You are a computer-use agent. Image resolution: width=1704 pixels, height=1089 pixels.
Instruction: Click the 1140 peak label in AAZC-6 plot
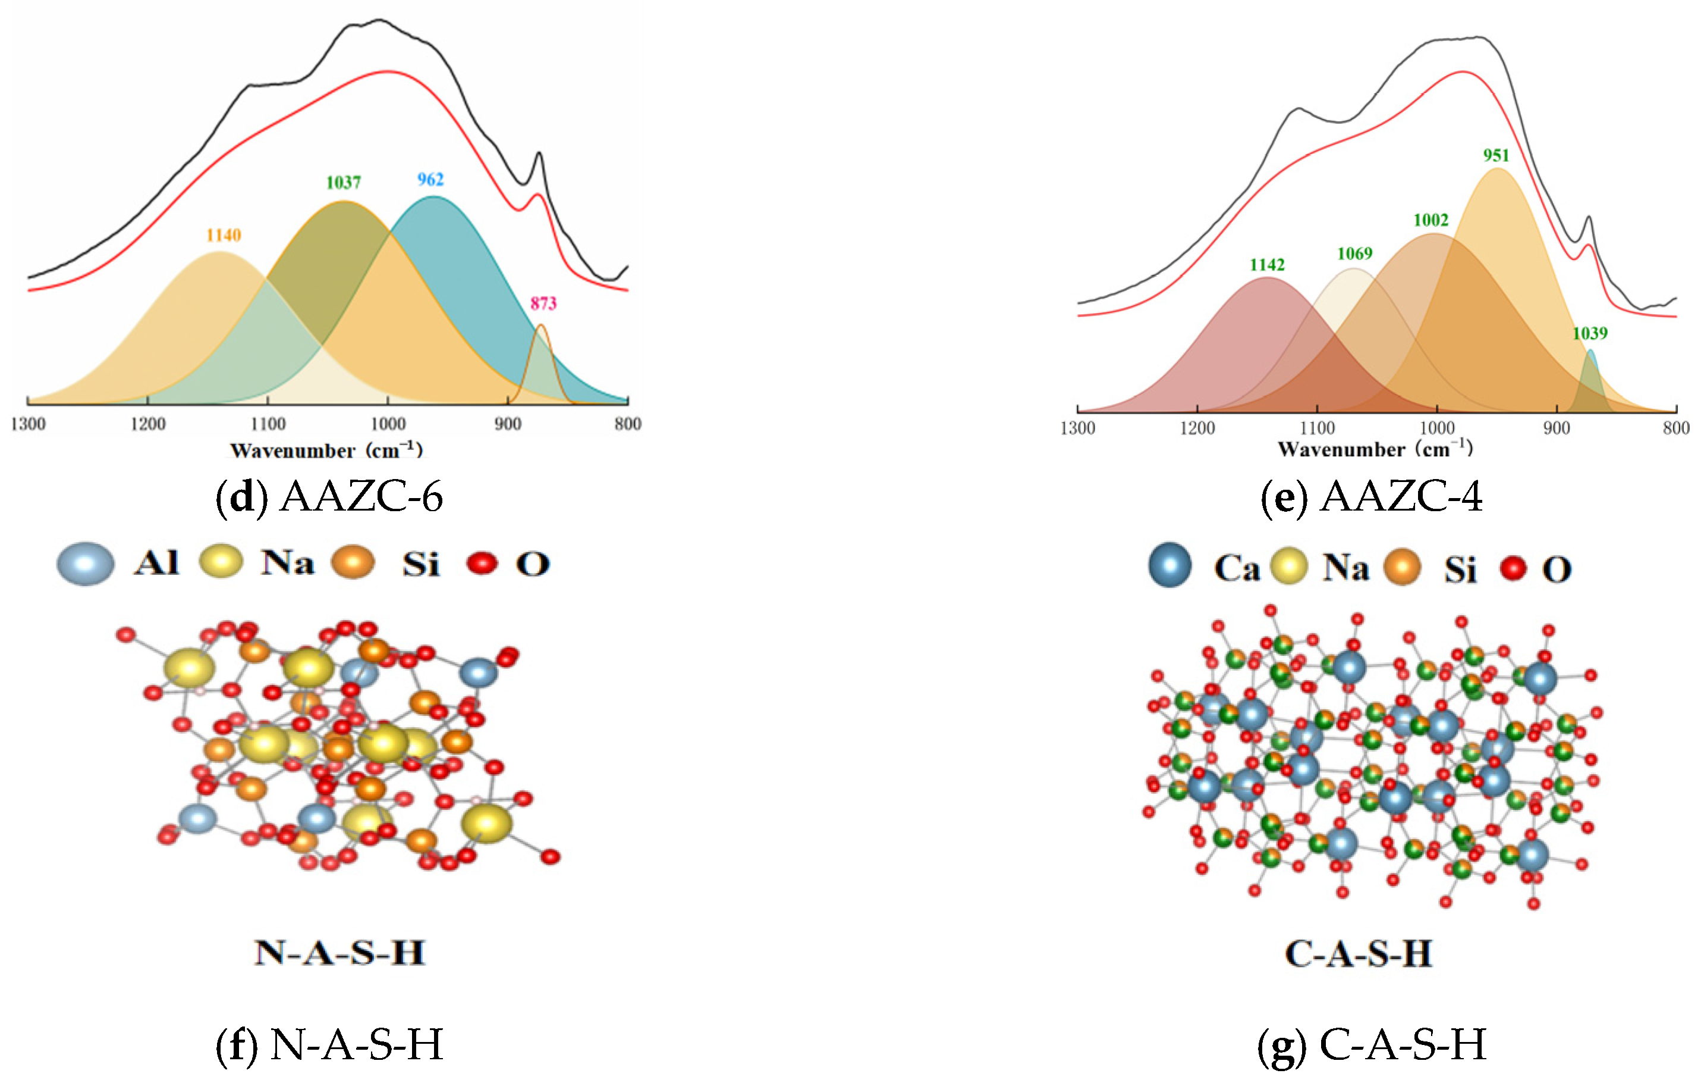pyautogui.click(x=224, y=235)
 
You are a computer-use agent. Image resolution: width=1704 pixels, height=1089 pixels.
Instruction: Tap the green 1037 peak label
pyautogui.click(x=343, y=183)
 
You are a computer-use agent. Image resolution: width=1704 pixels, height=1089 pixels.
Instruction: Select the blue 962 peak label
pyautogui.click(x=430, y=179)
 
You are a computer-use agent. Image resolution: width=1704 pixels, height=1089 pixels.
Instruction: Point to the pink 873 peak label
pyautogui.click(x=543, y=303)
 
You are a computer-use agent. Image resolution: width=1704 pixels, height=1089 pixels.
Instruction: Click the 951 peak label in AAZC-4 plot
pyautogui.click(x=1496, y=155)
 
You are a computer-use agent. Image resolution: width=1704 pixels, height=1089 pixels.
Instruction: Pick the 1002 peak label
pyautogui.click(x=1431, y=220)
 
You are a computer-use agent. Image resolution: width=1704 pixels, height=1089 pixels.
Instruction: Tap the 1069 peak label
pyautogui.click(x=1354, y=254)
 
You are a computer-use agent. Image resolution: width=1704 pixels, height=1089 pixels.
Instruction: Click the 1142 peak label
pyautogui.click(x=1266, y=265)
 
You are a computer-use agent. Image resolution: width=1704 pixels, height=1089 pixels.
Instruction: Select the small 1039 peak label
pyautogui.click(x=1589, y=333)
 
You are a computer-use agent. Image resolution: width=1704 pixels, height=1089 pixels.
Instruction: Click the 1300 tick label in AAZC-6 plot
pyautogui.click(x=29, y=424)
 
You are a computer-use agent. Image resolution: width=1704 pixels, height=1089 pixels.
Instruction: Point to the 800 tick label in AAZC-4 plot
pyautogui.click(x=1675, y=428)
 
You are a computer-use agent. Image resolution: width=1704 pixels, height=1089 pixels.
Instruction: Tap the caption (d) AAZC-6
pyautogui.click(x=329, y=496)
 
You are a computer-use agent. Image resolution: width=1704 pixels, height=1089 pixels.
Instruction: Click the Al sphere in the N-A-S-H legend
pyautogui.click(x=86, y=564)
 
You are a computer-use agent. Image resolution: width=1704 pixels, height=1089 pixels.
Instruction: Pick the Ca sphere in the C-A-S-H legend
pyautogui.click(x=1169, y=565)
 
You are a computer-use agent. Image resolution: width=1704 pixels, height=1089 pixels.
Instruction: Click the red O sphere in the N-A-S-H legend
pyautogui.click(x=483, y=564)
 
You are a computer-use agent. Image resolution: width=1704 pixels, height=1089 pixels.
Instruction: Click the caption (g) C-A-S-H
pyautogui.click(x=1372, y=1044)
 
